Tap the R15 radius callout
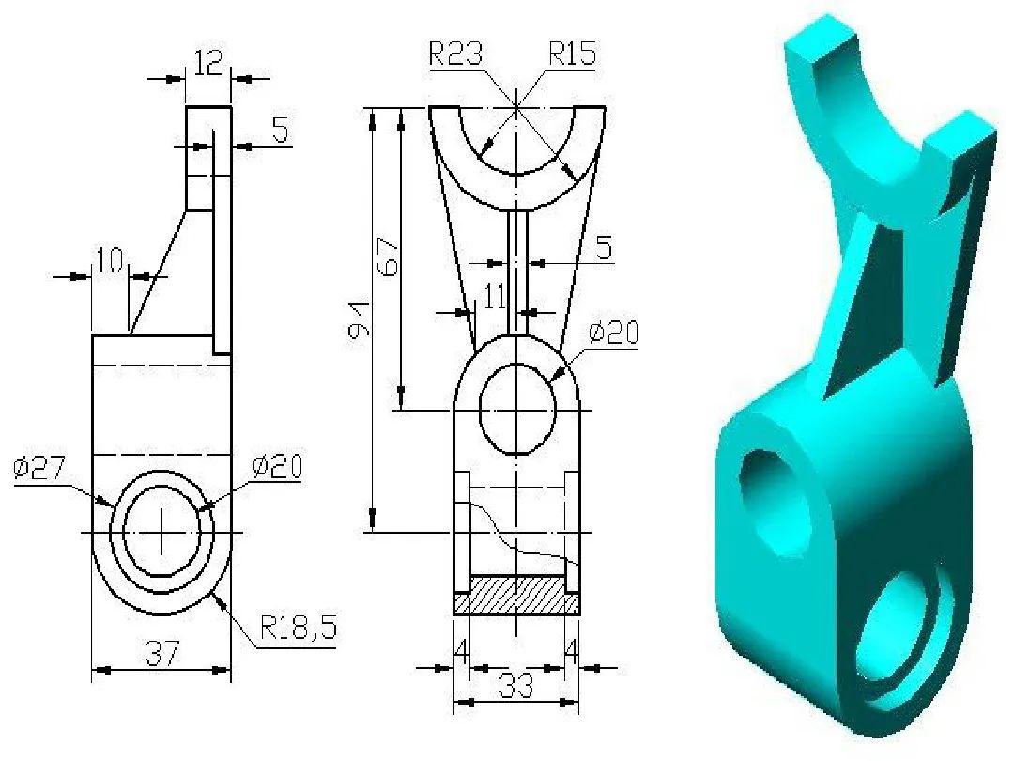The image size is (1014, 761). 573,54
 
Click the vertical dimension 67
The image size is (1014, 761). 388,254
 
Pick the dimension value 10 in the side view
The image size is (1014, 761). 110,262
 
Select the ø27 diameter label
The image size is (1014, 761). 38,467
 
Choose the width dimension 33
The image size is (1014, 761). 515,687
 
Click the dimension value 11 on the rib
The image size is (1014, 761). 494,298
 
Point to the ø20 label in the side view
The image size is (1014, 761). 277,467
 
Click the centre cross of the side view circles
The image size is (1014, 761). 161,532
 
